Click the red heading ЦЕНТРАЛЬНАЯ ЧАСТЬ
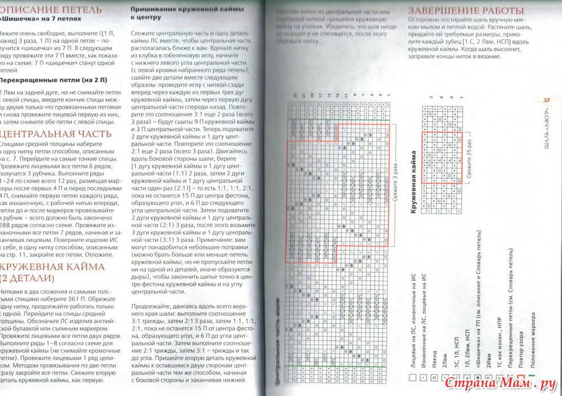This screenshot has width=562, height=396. click(x=48, y=134)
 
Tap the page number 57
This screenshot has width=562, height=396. click(x=546, y=100)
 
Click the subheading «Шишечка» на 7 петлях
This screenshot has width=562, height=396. click(x=43, y=19)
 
